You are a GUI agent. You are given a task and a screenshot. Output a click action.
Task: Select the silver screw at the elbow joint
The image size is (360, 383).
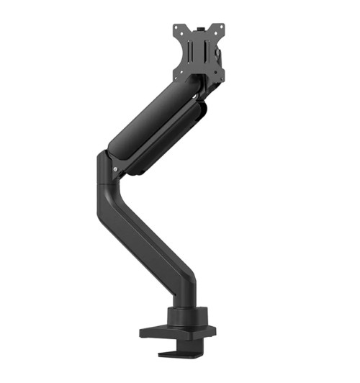[x=115, y=170]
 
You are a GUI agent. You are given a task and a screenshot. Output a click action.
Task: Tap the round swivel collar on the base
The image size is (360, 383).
[x=186, y=317]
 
